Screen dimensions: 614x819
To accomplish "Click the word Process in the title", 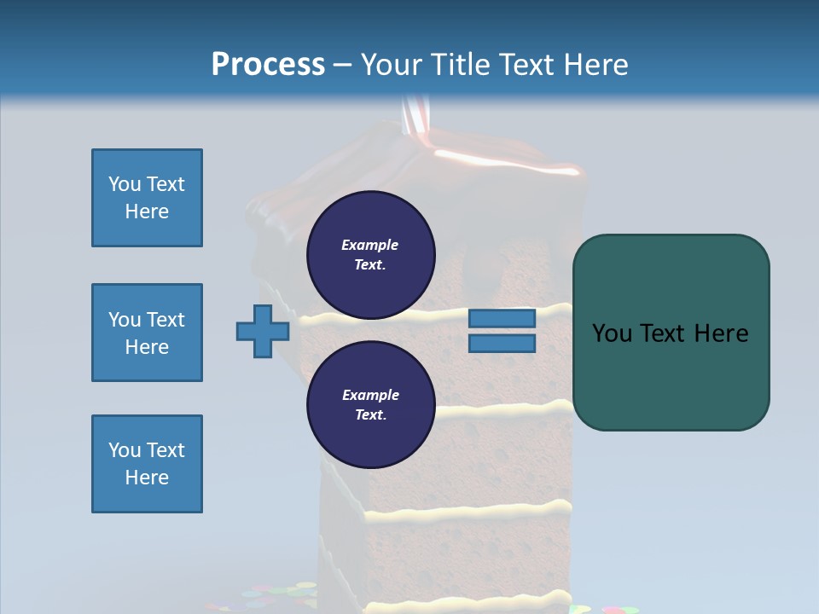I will coord(268,65).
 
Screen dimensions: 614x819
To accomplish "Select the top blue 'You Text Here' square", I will coord(147,198).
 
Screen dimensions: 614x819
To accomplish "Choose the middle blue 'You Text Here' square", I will coord(147,333).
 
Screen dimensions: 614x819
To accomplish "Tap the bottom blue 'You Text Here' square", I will coord(147,464).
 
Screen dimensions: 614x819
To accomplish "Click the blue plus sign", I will coord(263,331).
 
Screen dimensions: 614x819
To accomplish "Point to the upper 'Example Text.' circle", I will coord(370,254).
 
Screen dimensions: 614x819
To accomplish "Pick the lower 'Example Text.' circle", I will coord(370,404).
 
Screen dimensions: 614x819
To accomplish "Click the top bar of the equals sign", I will coord(502,318).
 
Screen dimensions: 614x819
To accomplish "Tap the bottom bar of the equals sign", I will coord(502,343).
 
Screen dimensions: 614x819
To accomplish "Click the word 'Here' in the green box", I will coord(721,333).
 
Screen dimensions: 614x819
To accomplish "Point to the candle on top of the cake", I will coord(416,115).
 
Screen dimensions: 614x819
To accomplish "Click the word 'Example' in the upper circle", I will coord(370,245).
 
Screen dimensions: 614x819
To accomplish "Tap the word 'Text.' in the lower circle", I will coord(370,414).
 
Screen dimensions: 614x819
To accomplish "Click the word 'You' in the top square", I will coord(123,184).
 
